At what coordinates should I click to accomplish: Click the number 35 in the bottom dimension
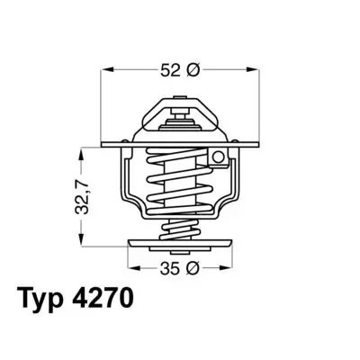pos(168,267)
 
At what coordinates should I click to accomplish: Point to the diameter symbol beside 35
pos(192,267)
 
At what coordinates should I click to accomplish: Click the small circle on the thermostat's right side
pos(217,159)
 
